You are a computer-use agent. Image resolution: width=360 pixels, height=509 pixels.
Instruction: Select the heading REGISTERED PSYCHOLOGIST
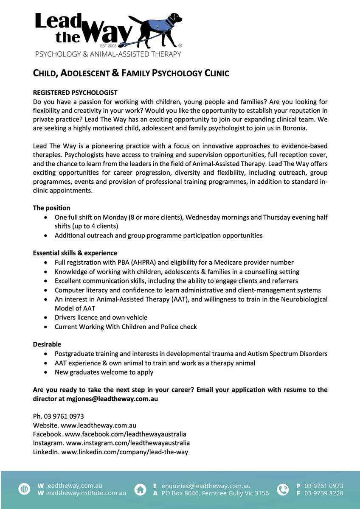tap(75, 92)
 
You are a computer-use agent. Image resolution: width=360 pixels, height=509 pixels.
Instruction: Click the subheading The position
tap(52, 208)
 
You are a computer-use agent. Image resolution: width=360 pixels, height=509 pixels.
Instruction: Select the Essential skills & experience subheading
tap(75, 253)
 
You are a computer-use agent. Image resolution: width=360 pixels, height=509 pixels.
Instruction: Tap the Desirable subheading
tap(47, 344)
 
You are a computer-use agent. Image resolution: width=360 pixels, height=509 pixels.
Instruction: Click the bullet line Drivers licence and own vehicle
tap(101, 317)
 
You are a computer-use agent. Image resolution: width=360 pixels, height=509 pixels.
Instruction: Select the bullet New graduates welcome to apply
tap(104, 372)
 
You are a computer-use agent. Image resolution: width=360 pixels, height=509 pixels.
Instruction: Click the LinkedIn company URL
tap(125, 452)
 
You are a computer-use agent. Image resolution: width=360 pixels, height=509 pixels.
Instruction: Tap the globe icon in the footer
tap(24, 489)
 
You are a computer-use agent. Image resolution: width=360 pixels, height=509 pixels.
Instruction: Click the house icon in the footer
tap(140, 489)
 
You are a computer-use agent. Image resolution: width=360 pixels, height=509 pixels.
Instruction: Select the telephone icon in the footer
tap(282, 489)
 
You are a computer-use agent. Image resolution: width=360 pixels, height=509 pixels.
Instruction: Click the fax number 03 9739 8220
tap(324, 493)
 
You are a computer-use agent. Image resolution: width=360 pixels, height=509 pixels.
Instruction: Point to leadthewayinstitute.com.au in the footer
tap(86, 493)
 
